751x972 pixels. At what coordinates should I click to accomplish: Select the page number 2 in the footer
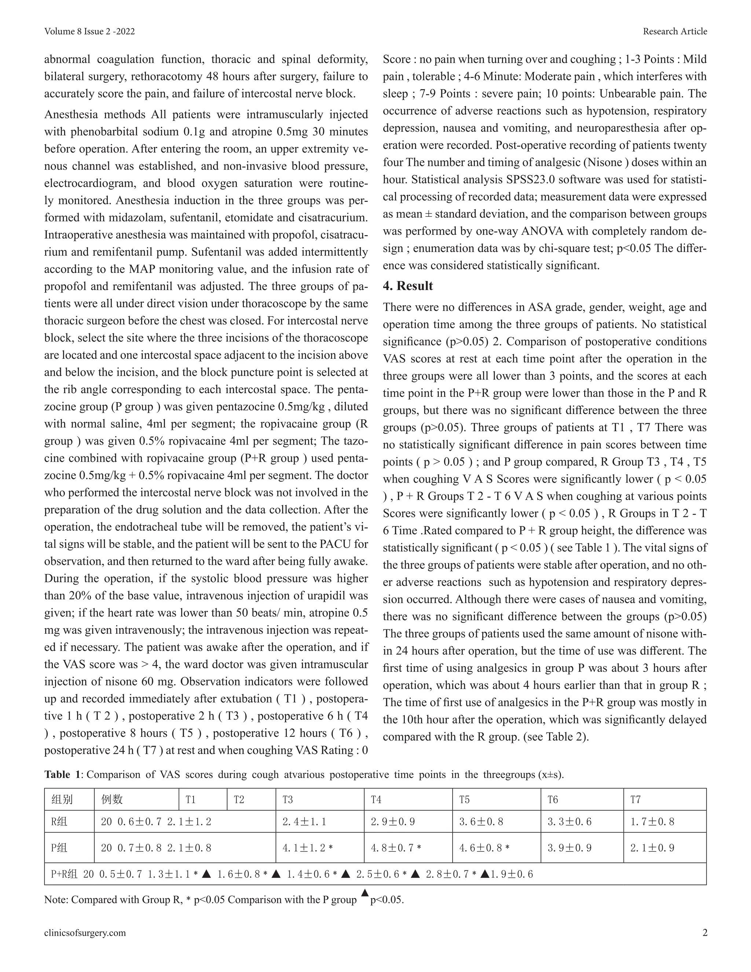pyautogui.click(x=704, y=932)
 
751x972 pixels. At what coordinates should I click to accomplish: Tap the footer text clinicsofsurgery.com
pyautogui.click(x=85, y=932)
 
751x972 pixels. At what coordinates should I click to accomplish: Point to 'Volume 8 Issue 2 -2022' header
pyautogui.click(x=89, y=31)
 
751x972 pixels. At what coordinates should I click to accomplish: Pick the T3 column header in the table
pyautogui.click(x=288, y=800)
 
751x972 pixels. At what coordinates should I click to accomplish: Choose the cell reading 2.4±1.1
pyautogui.click(x=304, y=822)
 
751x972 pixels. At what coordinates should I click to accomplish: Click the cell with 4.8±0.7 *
pyautogui.click(x=396, y=848)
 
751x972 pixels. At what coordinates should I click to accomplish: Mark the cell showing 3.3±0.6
pyautogui.click(x=569, y=822)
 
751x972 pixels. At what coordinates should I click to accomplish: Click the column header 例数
pyautogui.click(x=112, y=800)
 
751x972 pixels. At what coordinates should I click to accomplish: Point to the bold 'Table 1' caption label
pyautogui.click(x=63, y=774)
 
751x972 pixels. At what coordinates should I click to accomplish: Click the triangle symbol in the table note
pyautogui.click(x=364, y=893)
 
